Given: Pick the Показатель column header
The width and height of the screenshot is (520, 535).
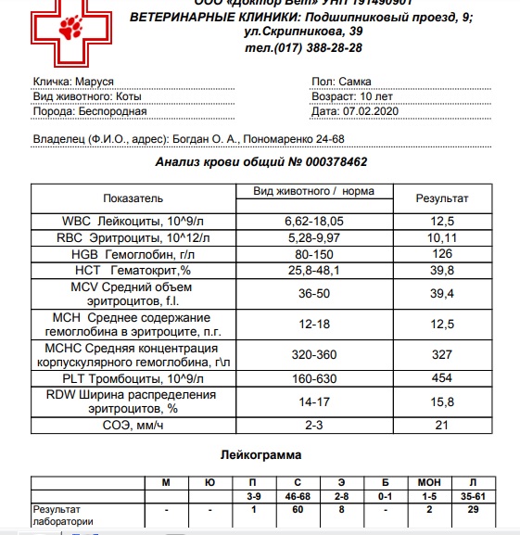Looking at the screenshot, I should (132, 198).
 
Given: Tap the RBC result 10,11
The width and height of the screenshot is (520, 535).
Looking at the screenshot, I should (441, 237).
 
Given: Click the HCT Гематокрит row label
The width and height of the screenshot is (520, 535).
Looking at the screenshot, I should (132, 272).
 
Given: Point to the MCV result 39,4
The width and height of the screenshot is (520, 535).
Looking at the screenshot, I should (441, 294).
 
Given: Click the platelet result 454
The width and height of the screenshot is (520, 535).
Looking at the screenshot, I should (441, 378).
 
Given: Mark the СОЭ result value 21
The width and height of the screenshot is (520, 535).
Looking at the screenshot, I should (441, 425).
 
